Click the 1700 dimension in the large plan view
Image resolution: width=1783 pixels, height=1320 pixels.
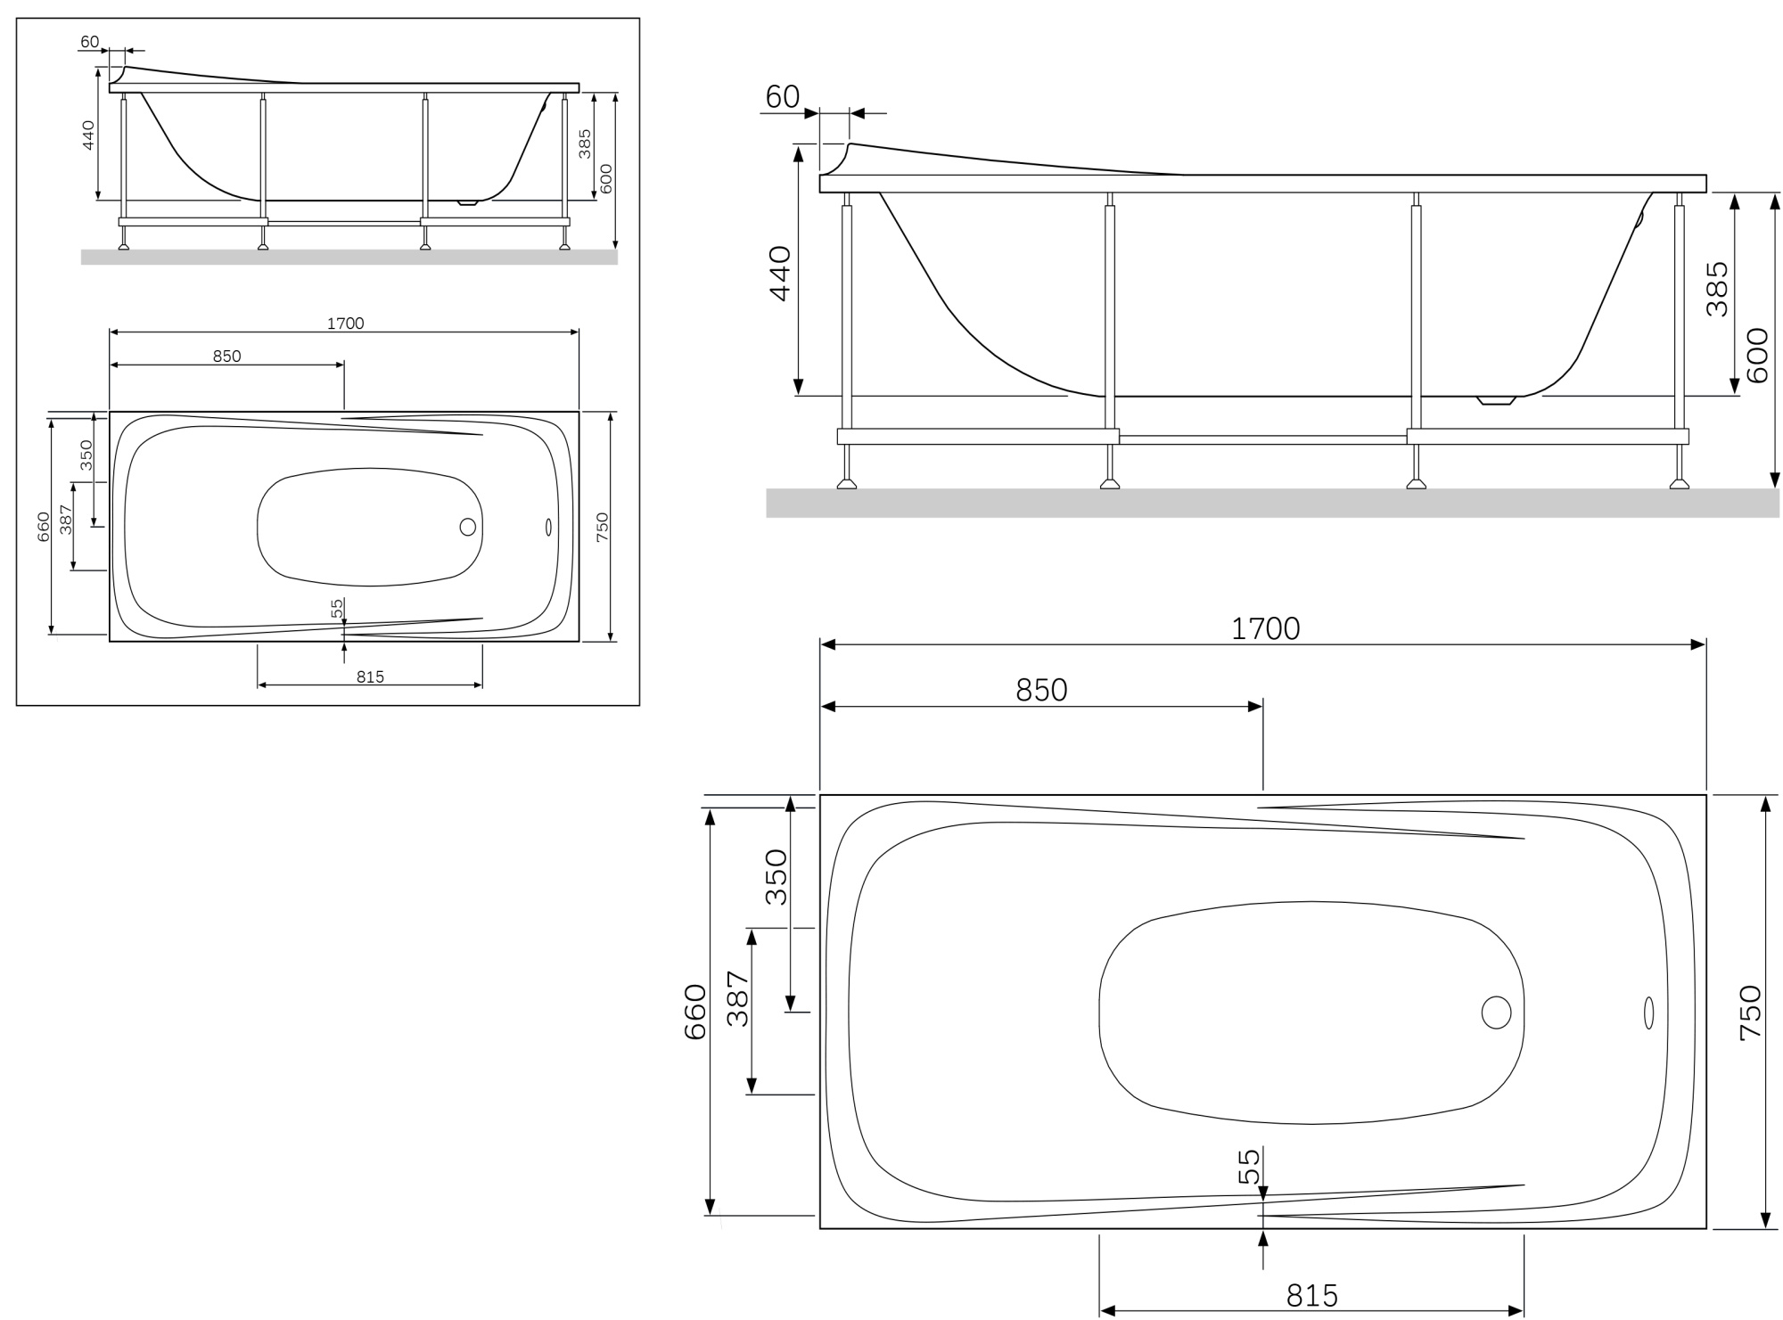click(x=1265, y=629)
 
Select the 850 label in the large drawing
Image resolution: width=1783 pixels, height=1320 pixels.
click(x=1041, y=691)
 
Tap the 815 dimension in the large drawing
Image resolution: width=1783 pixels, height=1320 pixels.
click(x=1312, y=1295)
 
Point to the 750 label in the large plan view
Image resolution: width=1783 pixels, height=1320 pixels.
click(x=1750, y=1013)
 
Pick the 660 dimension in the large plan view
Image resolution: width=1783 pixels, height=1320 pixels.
click(x=694, y=1012)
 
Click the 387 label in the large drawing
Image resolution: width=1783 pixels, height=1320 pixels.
click(x=738, y=998)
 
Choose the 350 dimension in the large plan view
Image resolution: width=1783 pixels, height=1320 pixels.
click(x=776, y=877)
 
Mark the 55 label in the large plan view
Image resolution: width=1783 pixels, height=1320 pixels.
click(x=1250, y=1167)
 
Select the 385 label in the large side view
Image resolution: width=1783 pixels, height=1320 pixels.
click(x=1716, y=289)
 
